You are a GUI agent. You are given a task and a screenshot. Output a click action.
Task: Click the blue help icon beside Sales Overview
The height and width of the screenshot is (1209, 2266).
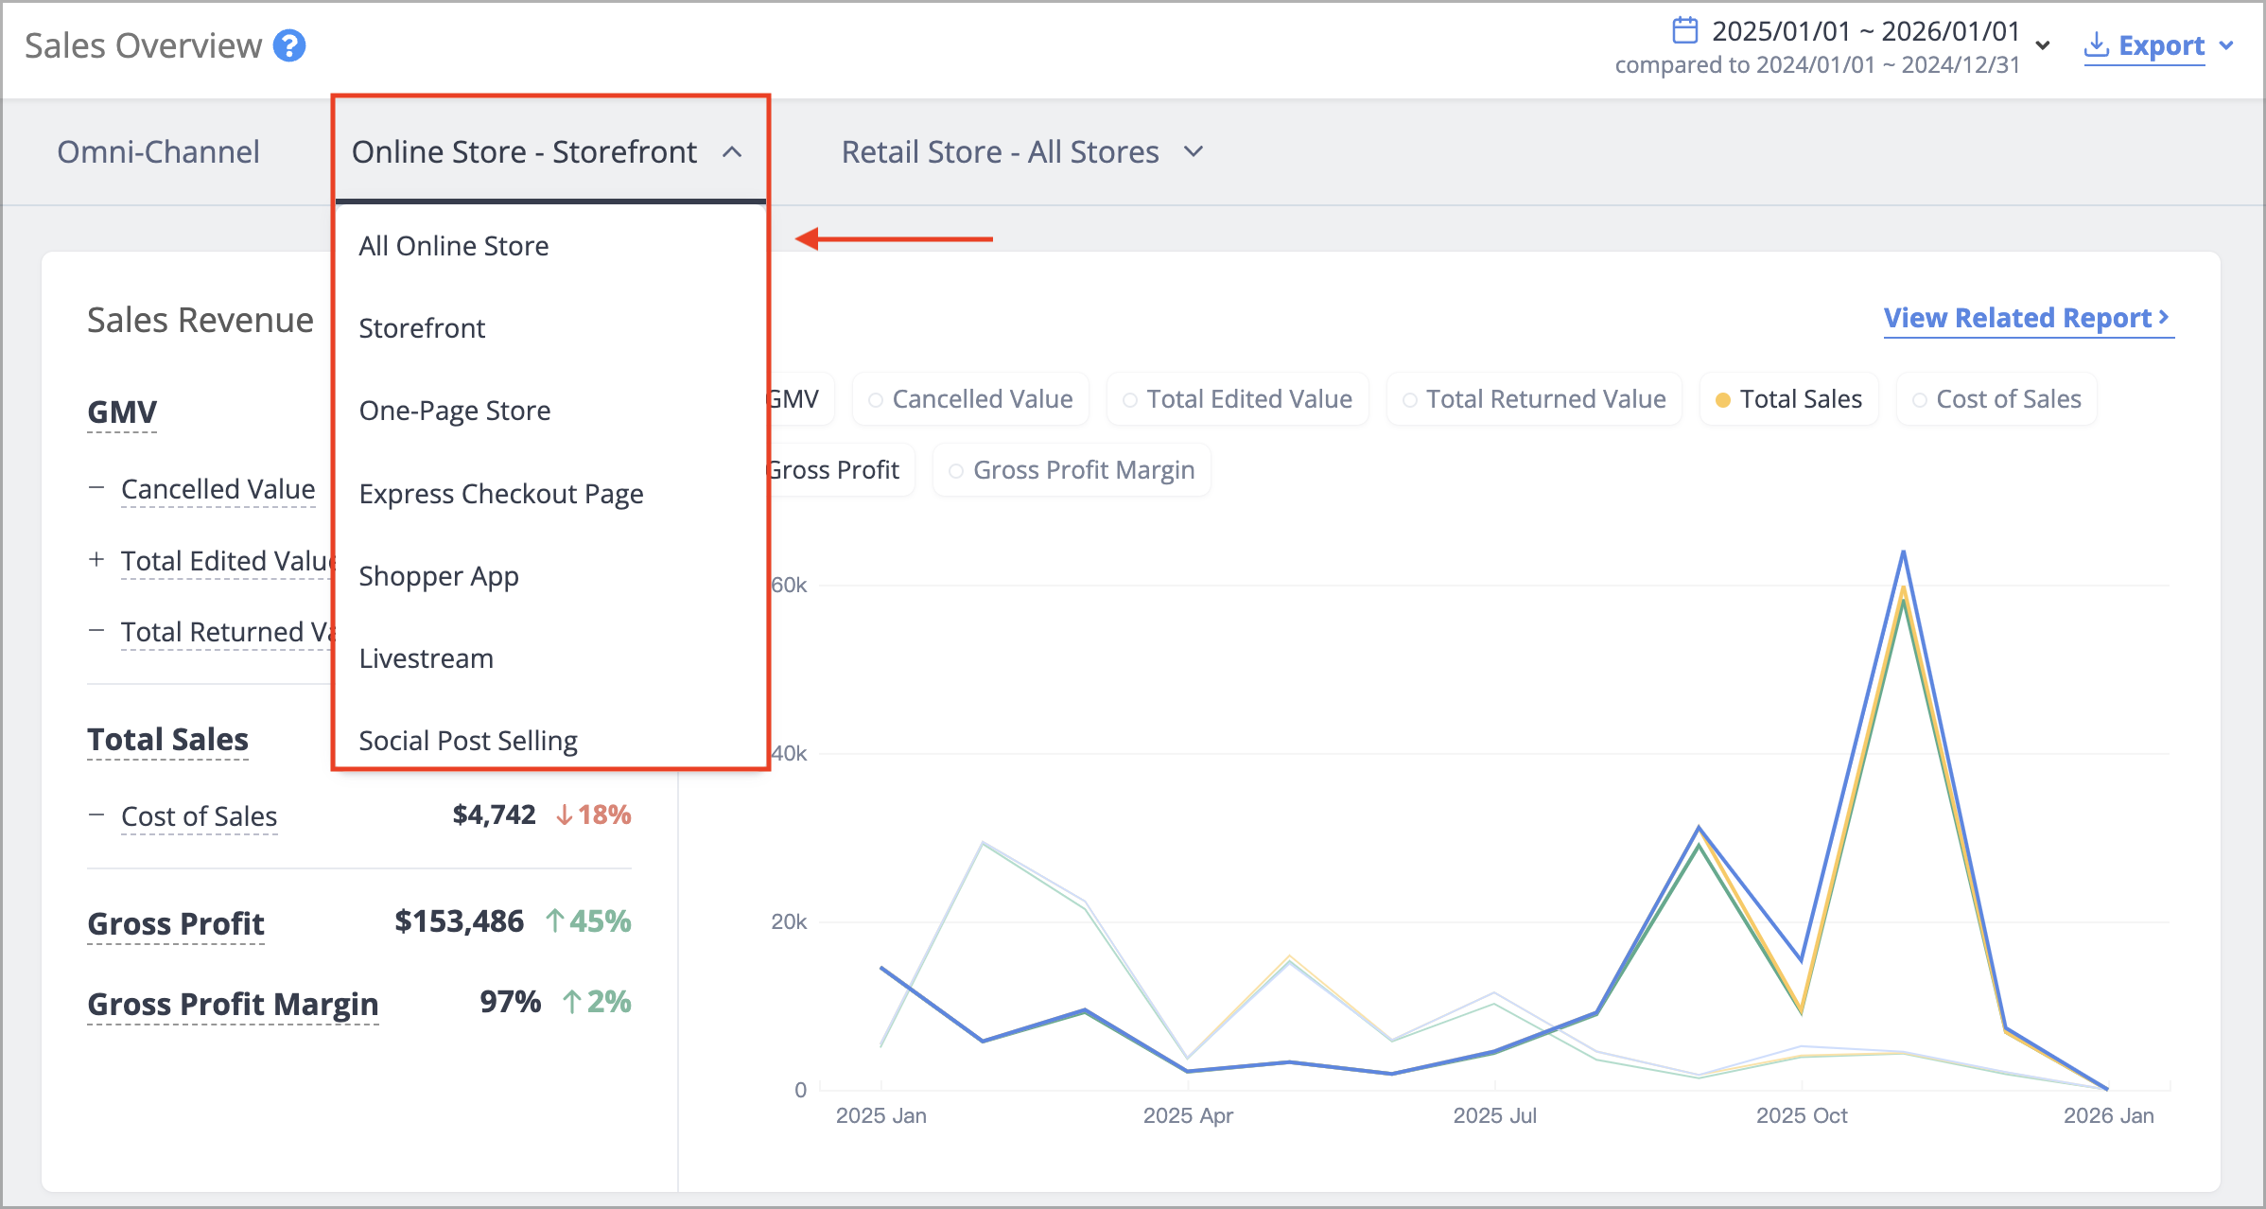tap(289, 45)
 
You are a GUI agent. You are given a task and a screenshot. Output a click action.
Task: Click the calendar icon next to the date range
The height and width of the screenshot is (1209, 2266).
tap(1684, 30)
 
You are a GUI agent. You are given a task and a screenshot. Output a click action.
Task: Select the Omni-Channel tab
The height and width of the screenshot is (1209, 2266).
tap(158, 151)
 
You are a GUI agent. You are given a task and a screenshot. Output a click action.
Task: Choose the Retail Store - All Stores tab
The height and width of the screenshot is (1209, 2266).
tap(1021, 151)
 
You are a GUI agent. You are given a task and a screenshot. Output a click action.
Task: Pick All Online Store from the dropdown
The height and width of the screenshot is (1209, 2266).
tap(454, 246)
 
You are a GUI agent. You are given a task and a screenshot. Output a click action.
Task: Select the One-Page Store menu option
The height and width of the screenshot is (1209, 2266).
tap(455, 411)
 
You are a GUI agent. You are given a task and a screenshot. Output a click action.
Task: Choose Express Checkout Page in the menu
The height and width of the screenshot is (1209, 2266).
tap(501, 494)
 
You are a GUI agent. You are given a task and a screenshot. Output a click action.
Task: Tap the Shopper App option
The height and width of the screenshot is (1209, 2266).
tap(439, 576)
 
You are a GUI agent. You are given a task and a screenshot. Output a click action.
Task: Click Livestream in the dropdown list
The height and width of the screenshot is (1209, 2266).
tap(427, 658)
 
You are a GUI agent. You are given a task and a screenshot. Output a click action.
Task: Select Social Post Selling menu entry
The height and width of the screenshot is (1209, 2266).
tap(468, 741)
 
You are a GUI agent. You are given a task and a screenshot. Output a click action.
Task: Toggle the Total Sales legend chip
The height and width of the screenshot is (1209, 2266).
tap(1789, 399)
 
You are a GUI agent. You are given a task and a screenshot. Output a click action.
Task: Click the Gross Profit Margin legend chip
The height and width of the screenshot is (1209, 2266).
tap(1072, 470)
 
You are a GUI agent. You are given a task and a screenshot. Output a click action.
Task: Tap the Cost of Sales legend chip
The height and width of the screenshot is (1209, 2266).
tap(1996, 399)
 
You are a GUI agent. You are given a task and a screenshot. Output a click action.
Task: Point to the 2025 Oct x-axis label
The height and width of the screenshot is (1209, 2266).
tap(1802, 1115)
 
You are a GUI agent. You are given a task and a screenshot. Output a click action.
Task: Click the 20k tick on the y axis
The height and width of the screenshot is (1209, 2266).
tap(789, 921)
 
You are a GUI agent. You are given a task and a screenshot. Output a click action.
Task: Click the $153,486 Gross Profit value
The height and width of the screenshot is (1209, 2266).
tap(459, 921)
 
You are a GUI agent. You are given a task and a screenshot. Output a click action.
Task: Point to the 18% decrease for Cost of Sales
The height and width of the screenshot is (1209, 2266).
tap(593, 815)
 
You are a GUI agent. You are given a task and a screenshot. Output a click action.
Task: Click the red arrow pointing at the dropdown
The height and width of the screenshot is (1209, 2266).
tap(894, 239)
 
